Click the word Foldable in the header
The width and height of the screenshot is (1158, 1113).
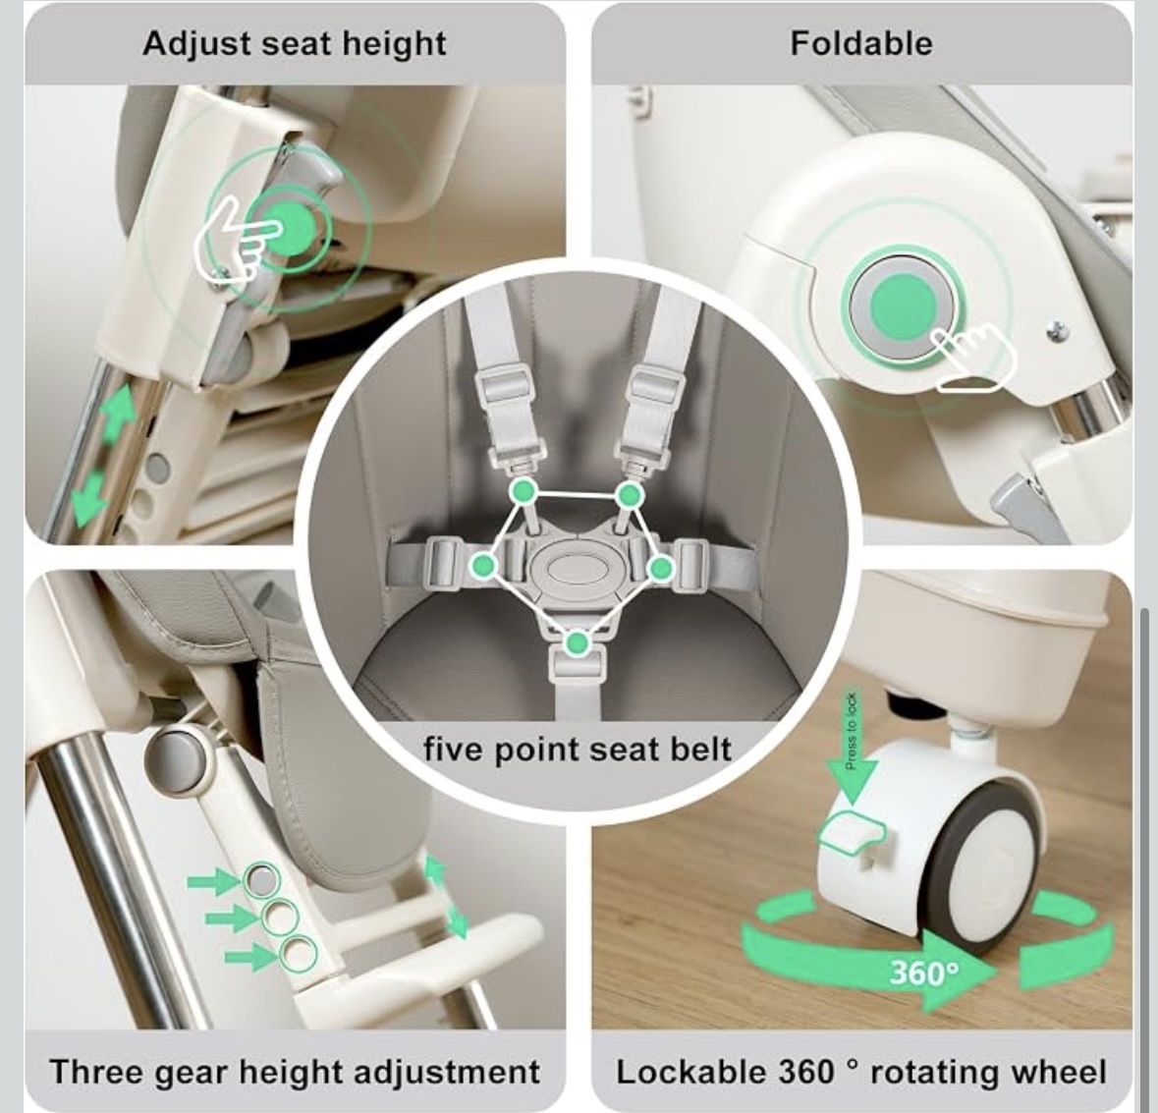click(x=861, y=43)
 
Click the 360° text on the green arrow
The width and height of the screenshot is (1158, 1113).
click(x=924, y=972)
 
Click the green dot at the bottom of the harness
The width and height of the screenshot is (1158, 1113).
click(x=579, y=643)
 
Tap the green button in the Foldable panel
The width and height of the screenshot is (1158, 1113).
click(x=903, y=307)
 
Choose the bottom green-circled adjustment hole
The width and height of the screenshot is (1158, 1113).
click(x=299, y=953)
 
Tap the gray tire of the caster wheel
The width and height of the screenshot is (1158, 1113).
click(x=984, y=864)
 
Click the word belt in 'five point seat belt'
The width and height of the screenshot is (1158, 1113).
click(x=700, y=749)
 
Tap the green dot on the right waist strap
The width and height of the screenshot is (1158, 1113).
click(x=661, y=569)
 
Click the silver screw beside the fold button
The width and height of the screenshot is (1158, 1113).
click(x=1058, y=332)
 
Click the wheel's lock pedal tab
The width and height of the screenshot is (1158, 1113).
click(x=852, y=830)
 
